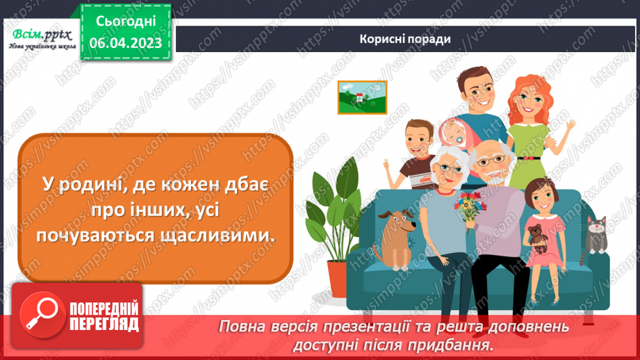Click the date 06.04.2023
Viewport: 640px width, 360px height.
125,43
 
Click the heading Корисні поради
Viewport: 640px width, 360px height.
405,38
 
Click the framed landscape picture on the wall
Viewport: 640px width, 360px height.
361,97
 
